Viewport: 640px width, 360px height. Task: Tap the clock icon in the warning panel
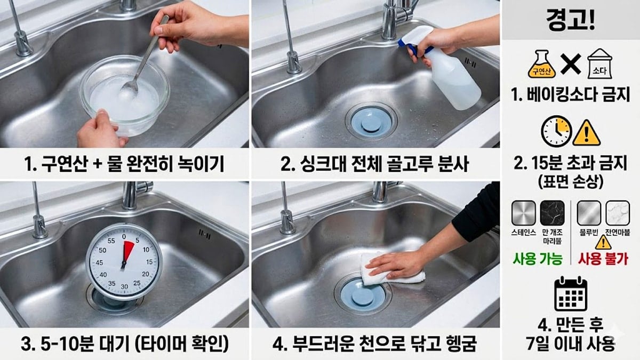click(x=556, y=131)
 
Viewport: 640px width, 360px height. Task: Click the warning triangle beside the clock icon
click(x=587, y=132)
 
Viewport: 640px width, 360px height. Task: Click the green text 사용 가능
click(x=538, y=259)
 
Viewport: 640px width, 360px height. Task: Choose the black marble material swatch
click(x=551, y=213)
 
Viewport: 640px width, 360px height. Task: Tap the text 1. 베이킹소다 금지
click(x=571, y=95)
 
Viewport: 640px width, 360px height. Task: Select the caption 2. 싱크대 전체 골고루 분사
click(x=375, y=164)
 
